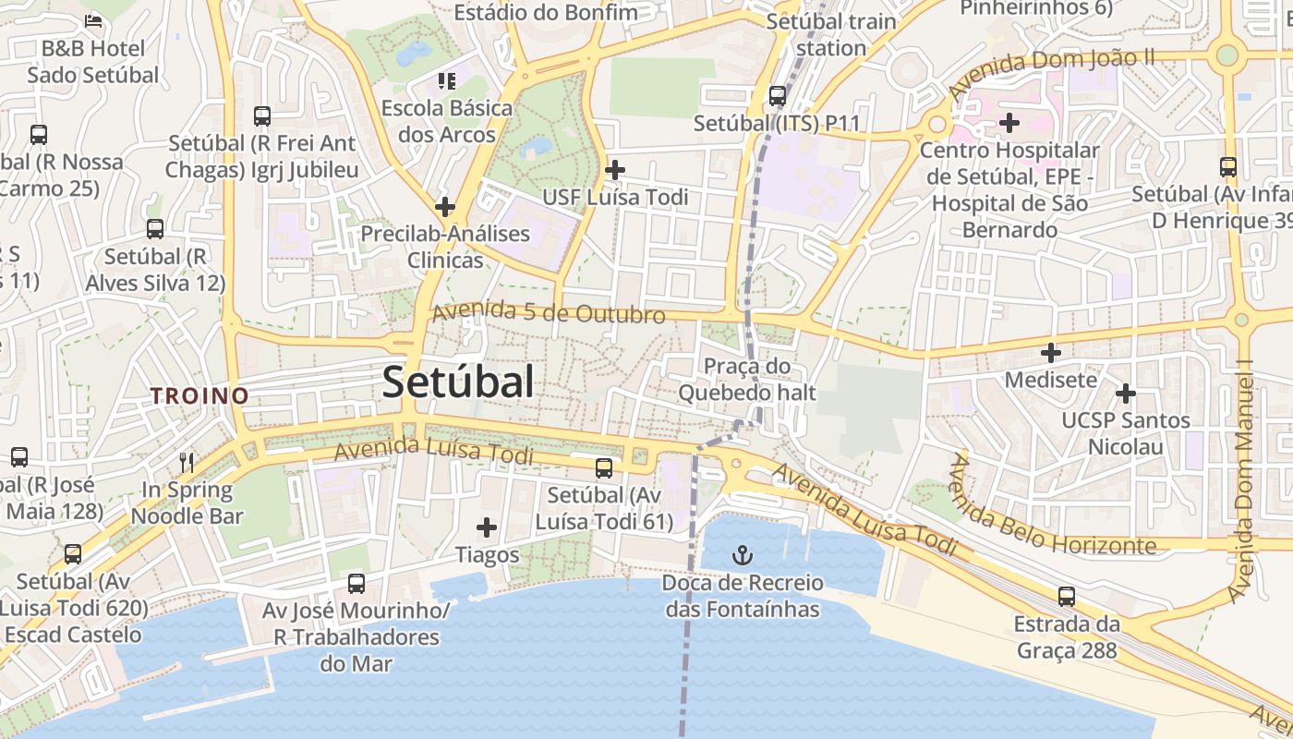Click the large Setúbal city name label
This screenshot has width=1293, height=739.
tap(458, 382)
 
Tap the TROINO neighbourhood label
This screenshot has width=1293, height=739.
tap(199, 396)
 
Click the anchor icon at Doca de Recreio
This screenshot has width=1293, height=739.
tap(742, 555)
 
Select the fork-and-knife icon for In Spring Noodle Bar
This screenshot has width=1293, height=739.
tap(187, 462)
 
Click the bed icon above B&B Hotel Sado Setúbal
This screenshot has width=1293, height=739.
tap(93, 19)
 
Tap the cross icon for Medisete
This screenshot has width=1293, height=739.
tap(1051, 353)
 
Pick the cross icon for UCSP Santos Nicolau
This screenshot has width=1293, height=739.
tap(1125, 394)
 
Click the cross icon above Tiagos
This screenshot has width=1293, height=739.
tap(487, 528)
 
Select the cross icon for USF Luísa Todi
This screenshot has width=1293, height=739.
tap(615, 170)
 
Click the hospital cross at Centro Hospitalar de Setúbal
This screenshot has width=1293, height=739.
tap(1009, 122)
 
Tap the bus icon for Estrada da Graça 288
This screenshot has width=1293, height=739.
tap(1067, 597)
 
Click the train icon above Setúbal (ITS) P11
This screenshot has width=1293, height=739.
tap(778, 95)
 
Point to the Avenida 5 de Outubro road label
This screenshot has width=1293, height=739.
tap(549, 313)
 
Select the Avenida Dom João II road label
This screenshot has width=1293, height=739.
tap(1051, 73)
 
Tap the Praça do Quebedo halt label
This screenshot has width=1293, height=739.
tap(747, 380)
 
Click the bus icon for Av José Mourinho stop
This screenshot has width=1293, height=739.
tap(356, 584)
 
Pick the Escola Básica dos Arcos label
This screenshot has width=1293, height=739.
tap(447, 121)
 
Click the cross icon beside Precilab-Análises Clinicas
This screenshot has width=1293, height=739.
tap(445, 207)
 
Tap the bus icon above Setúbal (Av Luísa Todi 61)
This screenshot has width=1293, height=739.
tap(604, 468)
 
